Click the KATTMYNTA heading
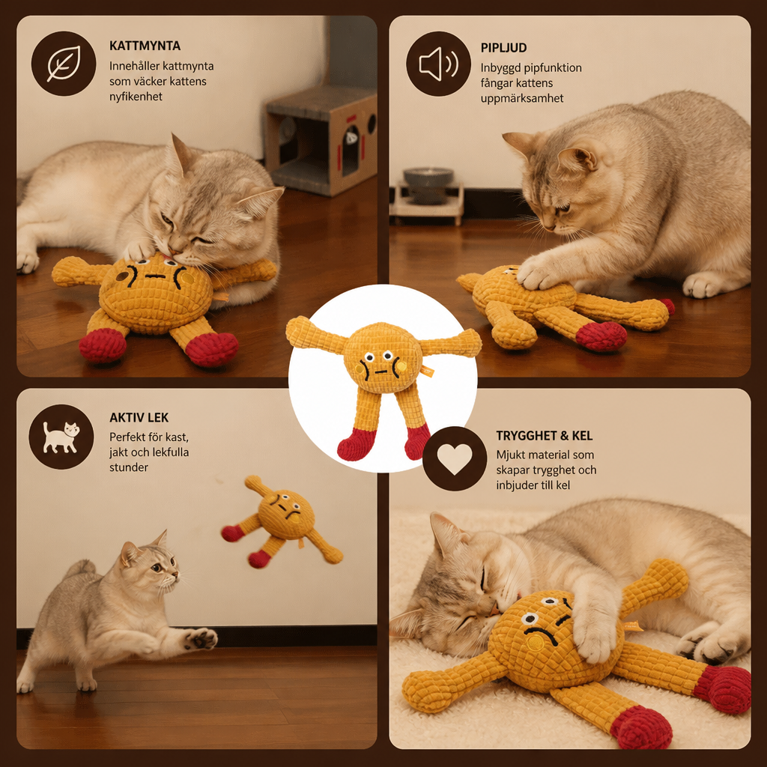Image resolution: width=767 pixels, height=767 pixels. (x=145, y=46)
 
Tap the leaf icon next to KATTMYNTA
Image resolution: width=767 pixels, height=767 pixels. (x=64, y=64)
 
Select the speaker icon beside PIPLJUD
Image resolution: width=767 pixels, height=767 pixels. (x=438, y=64)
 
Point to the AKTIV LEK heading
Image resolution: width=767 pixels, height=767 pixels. (x=139, y=418)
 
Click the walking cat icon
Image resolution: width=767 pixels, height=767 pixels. (x=61, y=437)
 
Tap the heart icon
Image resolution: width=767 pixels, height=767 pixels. (x=455, y=459)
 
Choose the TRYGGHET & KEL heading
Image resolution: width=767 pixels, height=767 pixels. (x=544, y=436)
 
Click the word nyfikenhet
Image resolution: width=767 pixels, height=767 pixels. (x=136, y=97)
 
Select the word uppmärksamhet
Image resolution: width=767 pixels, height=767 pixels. (x=522, y=98)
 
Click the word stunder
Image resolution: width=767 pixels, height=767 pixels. (x=129, y=467)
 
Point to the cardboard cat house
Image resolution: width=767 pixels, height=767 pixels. (x=321, y=141)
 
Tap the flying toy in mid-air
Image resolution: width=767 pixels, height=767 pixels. (x=282, y=521)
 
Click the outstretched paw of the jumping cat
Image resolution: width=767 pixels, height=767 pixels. (x=201, y=639)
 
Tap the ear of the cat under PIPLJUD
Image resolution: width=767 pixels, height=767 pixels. (x=579, y=157)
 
